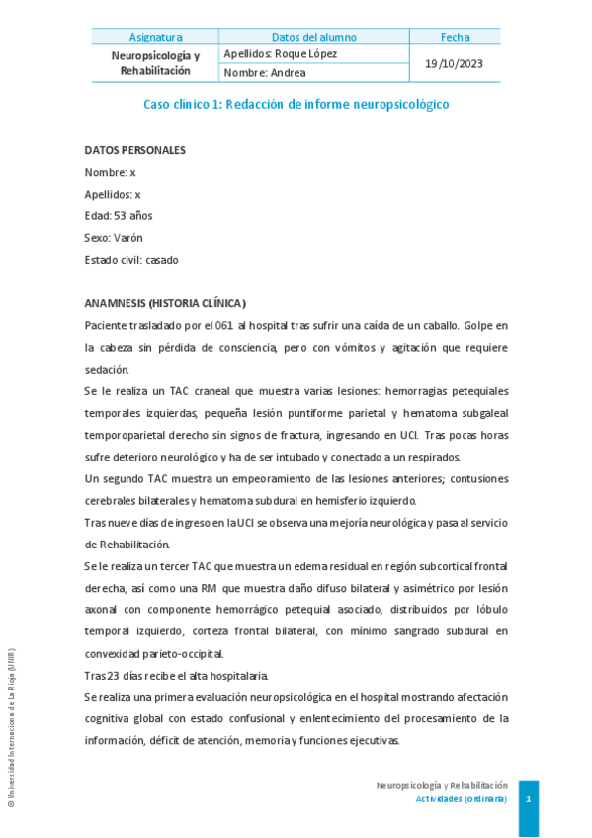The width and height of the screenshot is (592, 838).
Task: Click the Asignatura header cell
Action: [x=155, y=38]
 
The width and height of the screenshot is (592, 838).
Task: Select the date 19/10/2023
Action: [x=455, y=63]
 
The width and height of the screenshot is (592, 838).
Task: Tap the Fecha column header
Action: [x=455, y=38]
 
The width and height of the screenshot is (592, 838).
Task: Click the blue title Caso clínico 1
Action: [x=296, y=104]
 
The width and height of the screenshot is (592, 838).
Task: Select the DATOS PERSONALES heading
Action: [x=134, y=150]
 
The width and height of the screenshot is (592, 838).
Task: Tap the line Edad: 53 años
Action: [x=119, y=215]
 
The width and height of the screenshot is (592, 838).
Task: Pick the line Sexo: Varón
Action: [x=114, y=237]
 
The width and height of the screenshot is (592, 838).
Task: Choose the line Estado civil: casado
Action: [x=131, y=259]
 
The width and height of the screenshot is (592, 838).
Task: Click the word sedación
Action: [x=107, y=369]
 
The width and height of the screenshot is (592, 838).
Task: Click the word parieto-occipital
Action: [x=181, y=652]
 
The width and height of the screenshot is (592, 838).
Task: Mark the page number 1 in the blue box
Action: [x=529, y=797]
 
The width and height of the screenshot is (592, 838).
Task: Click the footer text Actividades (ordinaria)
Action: [x=461, y=798]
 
